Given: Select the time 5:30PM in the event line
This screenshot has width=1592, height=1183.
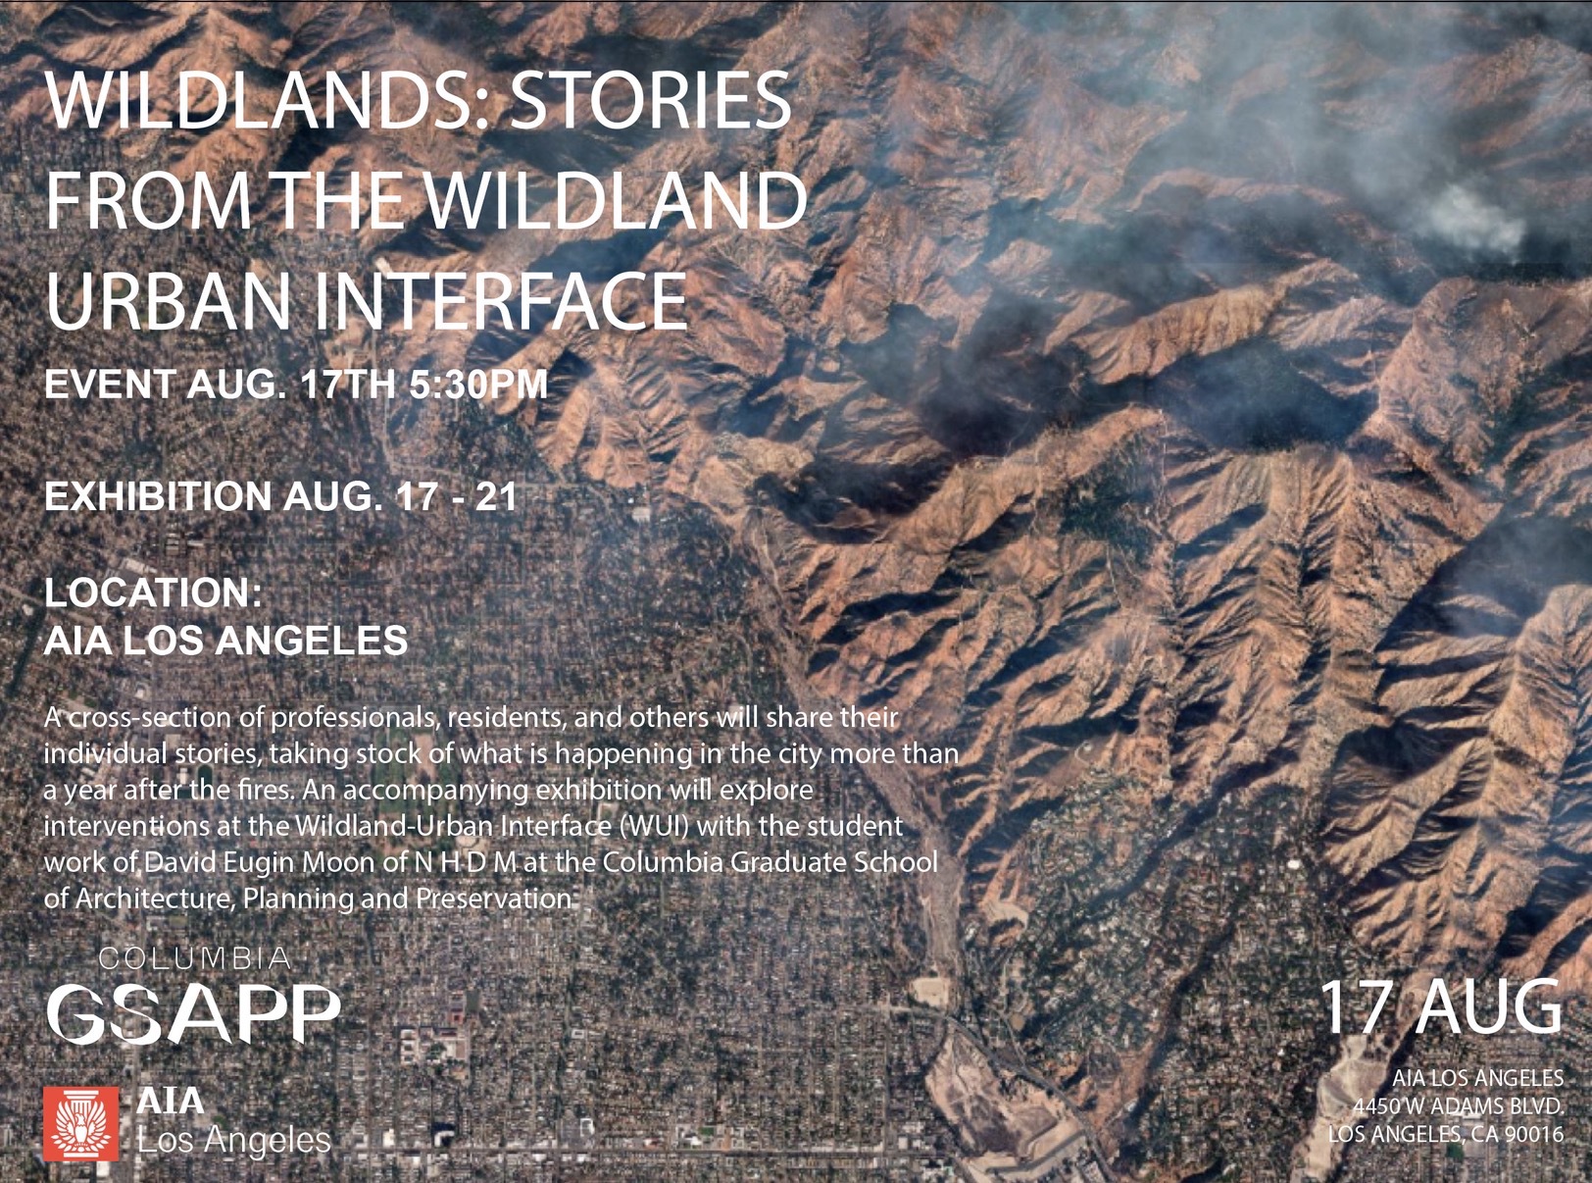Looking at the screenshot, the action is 478,385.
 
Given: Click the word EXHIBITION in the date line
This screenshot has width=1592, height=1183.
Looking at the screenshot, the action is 158,496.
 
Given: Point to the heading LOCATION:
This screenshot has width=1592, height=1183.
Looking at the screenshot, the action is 154,592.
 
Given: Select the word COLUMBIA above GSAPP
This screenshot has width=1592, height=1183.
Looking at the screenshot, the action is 194,958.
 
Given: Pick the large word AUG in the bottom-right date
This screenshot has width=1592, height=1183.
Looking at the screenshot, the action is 1481,1007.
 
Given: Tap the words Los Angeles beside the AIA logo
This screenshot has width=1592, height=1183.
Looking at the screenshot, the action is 234,1140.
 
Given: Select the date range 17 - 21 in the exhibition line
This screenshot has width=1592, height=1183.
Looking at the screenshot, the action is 454,496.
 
